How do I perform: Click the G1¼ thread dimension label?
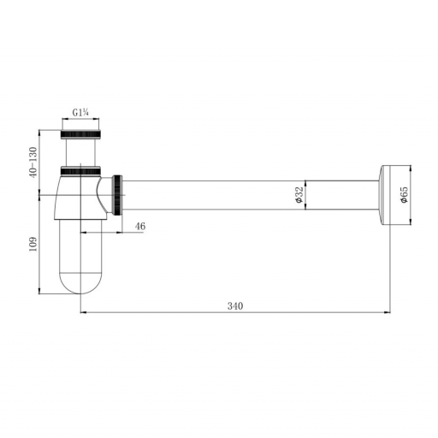coord(80,113)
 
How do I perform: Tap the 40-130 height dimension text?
coord(33,163)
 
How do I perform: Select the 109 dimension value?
coord(33,244)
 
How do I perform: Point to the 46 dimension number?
coord(140,227)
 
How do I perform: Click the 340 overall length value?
coord(235,306)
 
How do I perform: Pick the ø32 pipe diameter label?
coord(299,195)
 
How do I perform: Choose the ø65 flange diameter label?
coord(404,195)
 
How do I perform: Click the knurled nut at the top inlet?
coord(80,134)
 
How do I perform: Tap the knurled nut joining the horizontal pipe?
coord(118,195)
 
